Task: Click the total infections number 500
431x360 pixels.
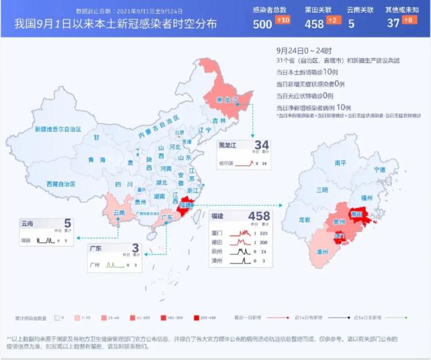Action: [262, 24]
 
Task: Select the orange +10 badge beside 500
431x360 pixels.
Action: [283, 20]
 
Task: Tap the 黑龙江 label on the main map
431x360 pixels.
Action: [227, 100]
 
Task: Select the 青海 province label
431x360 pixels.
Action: [97, 159]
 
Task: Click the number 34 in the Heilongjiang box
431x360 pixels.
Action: [262, 145]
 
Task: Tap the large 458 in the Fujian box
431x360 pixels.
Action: [259, 216]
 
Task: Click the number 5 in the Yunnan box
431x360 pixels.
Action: [67, 224]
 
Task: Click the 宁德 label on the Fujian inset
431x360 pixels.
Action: [379, 169]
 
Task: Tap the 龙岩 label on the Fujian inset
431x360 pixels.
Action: [305, 220]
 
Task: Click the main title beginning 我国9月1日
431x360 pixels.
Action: [115, 24]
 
